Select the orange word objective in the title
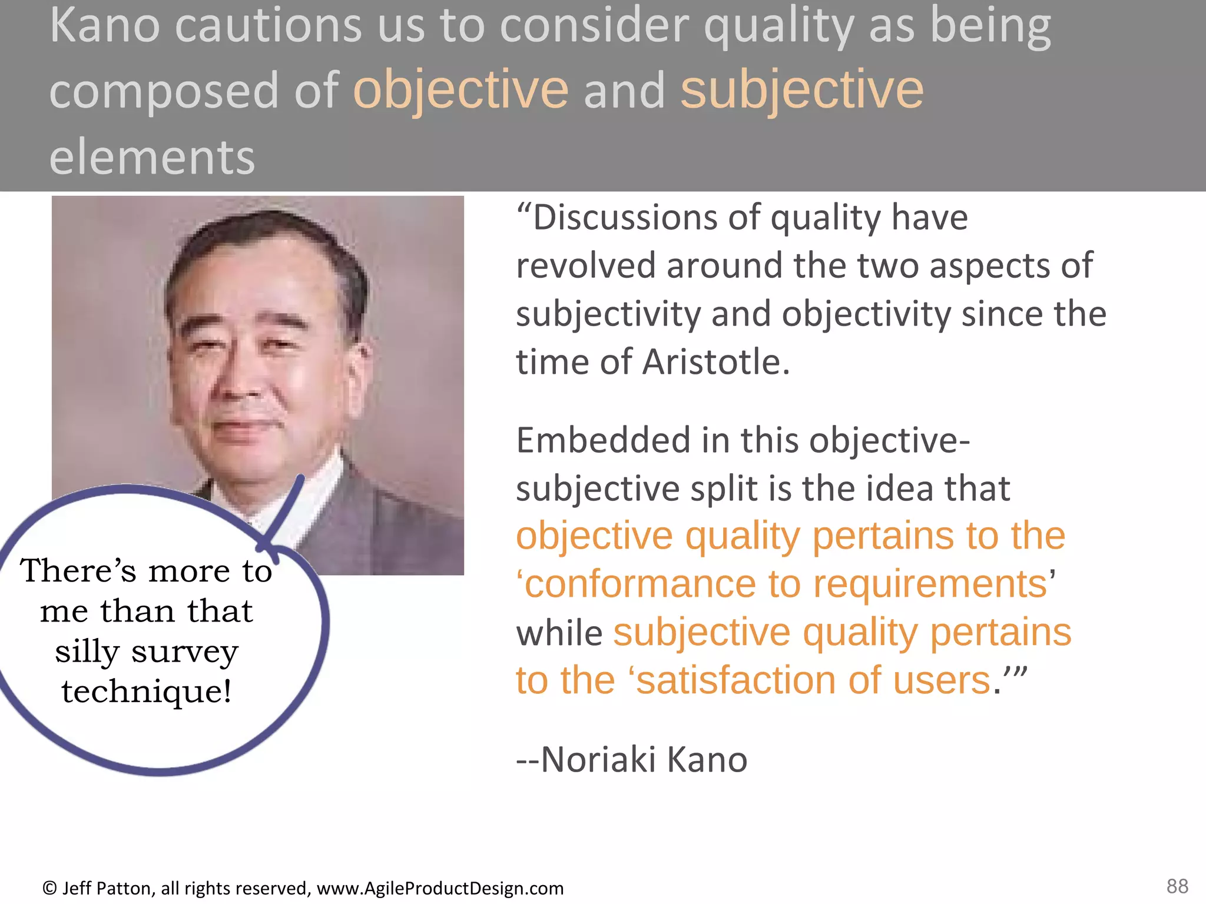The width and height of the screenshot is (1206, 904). point(460,91)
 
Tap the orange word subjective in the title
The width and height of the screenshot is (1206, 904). point(802,91)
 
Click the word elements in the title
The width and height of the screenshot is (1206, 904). point(152,157)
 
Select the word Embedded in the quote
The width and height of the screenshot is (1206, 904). point(603,441)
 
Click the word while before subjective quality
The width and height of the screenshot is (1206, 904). point(559,633)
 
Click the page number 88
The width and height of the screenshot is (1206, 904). point(1177,886)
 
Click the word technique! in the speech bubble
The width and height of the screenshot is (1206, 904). point(146,692)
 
